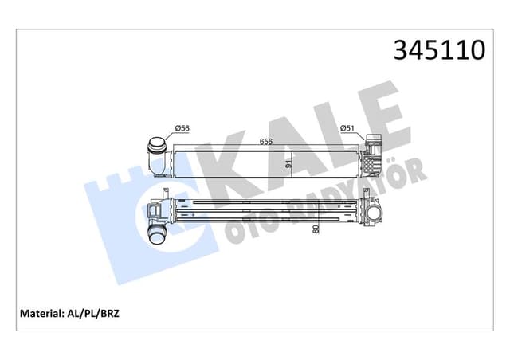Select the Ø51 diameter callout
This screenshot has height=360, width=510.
347,127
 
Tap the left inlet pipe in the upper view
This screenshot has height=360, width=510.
156,154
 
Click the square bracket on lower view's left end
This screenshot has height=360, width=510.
152,212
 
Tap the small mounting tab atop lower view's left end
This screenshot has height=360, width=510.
163,194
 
